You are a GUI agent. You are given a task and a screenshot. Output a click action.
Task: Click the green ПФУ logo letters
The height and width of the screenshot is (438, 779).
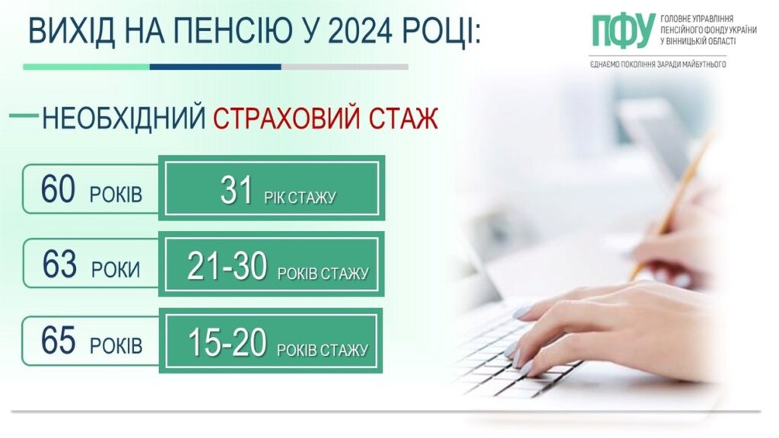click(x=623, y=31)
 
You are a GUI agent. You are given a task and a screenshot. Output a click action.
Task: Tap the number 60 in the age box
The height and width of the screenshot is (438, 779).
click(x=58, y=190)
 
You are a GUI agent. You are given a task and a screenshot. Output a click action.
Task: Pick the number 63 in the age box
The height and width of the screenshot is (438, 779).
click(x=59, y=265)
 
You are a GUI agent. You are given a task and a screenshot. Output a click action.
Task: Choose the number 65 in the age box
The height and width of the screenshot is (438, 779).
click(x=59, y=341)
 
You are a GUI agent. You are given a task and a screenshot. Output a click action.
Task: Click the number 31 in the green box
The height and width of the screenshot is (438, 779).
click(x=237, y=192)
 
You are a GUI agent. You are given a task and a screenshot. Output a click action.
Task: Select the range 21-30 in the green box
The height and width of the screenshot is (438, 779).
click(x=227, y=266)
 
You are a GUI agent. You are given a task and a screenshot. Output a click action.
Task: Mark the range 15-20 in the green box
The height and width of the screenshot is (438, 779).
click(x=227, y=343)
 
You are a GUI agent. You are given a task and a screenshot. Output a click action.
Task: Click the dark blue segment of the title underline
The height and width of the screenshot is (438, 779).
click(x=215, y=67)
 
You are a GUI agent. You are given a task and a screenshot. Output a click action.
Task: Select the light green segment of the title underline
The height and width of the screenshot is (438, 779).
click(x=86, y=67)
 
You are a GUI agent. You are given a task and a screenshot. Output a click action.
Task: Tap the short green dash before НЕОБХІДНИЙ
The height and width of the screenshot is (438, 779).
click(x=24, y=116)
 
